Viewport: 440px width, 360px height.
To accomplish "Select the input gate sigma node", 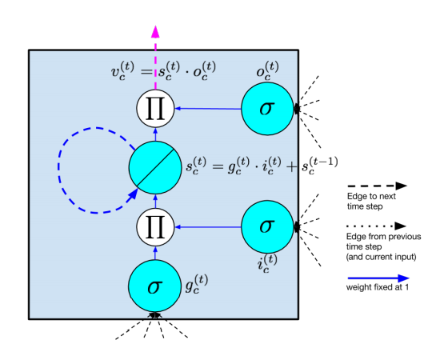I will tap(268, 227).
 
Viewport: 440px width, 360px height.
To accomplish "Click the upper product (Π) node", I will tap(155, 107).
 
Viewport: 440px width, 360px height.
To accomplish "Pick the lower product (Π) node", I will tap(155, 227).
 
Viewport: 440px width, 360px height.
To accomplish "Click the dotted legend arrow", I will tap(377, 226).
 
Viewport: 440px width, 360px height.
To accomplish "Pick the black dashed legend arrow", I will tap(377, 185).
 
